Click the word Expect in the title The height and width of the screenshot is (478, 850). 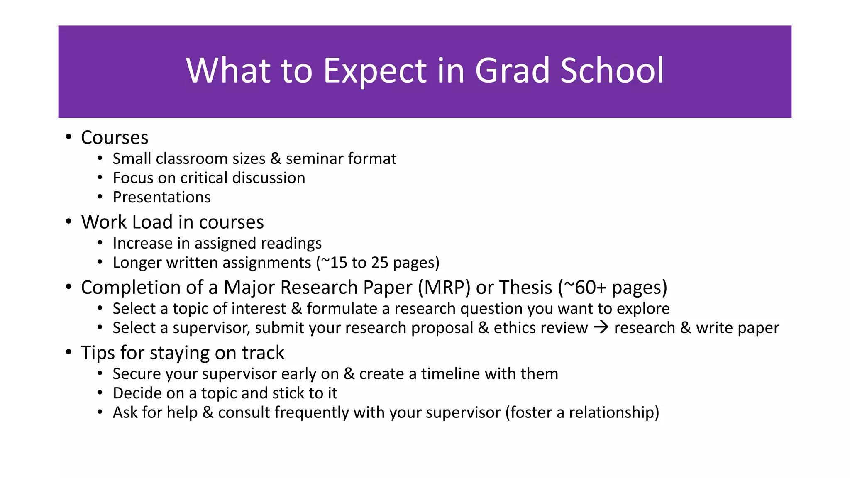point(375,71)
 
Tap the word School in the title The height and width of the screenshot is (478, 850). point(613,71)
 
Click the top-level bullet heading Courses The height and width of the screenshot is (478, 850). point(115,138)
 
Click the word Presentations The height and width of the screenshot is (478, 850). point(162,198)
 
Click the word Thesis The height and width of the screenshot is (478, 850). point(525,288)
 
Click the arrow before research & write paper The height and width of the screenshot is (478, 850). point(601,328)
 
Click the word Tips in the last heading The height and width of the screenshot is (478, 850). point(98,353)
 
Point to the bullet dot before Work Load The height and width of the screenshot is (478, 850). point(68,222)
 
